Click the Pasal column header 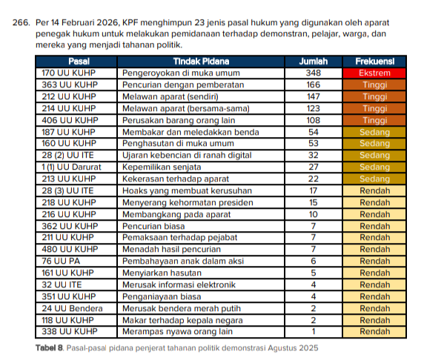[77, 61]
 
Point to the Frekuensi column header [374, 61]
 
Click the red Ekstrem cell [374, 73]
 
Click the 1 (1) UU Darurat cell [71, 167]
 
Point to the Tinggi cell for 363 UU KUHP [374, 85]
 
